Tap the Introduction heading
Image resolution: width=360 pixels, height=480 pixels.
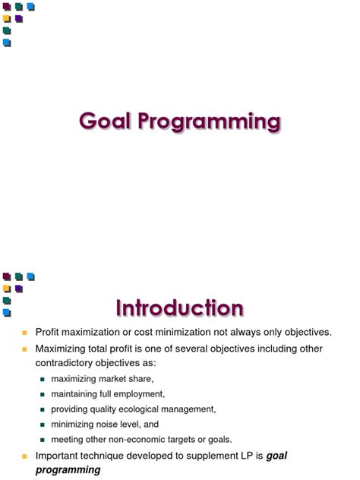tap(180, 308)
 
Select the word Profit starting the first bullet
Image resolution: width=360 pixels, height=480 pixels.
tap(48, 333)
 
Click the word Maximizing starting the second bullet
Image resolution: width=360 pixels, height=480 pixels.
tap(60, 349)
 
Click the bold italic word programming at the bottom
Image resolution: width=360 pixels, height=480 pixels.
tap(68, 470)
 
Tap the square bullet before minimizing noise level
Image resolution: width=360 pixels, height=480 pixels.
tap(43, 425)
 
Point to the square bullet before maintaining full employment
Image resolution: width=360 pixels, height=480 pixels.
tap(43, 394)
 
